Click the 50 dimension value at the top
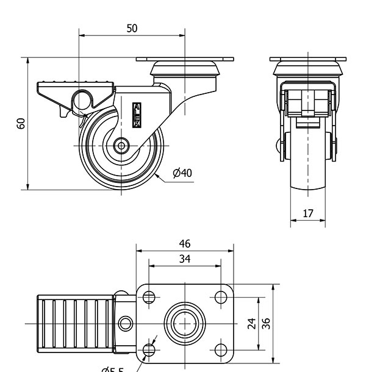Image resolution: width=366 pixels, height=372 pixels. tap(132, 28)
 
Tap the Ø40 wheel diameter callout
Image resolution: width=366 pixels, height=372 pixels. tap(182, 173)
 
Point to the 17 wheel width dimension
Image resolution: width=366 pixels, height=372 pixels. tap(308, 214)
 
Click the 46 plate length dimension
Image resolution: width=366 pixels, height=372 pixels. tap(185, 244)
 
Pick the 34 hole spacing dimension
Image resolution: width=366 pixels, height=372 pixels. tap(185, 259)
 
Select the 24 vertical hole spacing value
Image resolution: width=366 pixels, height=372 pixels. tap(251, 324)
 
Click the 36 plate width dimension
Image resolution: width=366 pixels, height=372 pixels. tap(266, 324)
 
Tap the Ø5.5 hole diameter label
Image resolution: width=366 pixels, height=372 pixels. tap(112, 368)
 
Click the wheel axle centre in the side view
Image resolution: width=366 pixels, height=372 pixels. tap(121, 146)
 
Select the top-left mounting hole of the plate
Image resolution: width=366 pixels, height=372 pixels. tap(148, 298)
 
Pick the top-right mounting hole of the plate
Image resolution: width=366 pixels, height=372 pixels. tap(221, 298)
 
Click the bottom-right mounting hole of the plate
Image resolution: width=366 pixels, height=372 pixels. tap(221, 349)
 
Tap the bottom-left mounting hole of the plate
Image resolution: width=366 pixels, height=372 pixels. tap(148, 349)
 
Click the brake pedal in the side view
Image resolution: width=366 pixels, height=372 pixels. tap(76, 88)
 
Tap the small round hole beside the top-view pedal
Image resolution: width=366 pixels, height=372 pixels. tap(126, 323)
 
